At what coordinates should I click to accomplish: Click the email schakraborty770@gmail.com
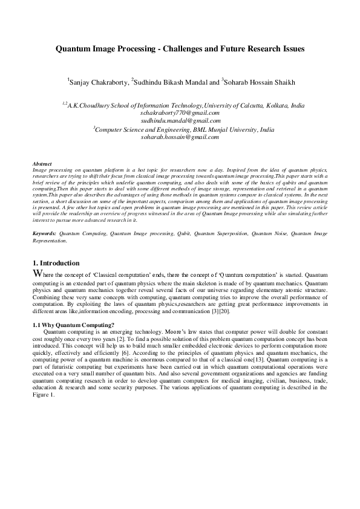[180, 112]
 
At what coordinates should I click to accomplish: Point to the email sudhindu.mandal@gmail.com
[180, 120]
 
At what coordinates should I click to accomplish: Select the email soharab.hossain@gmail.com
[180, 137]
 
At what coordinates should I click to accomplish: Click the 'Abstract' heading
[42, 164]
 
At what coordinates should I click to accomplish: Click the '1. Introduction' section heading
[56, 263]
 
